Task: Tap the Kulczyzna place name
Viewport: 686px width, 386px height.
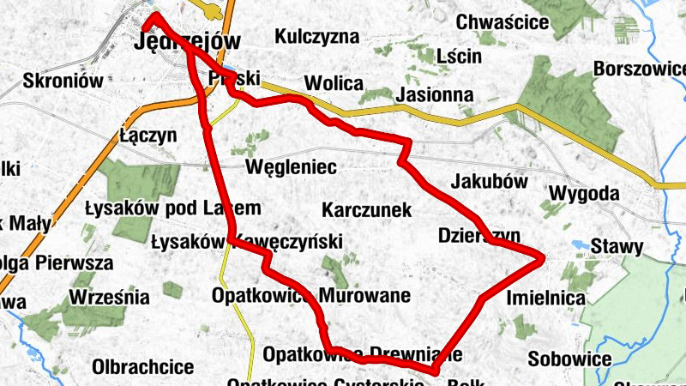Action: [316, 37]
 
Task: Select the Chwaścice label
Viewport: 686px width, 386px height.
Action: [502, 21]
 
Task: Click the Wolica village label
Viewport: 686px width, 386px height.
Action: [334, 83]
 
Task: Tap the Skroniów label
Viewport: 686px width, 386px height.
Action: [63, 81]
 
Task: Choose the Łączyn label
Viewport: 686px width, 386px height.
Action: [147, 136]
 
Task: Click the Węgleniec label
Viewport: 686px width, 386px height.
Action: [291, 166]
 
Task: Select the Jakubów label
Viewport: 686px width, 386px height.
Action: [488, 182]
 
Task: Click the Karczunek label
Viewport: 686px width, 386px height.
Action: [367, 210]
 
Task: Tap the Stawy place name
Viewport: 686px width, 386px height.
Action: [621, 247]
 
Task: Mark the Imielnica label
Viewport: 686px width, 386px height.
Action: [546, 299]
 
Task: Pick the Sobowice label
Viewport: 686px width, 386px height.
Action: [569, 359]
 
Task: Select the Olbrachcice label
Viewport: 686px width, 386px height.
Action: [143, 367]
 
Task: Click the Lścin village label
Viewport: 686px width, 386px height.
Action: [458, 57]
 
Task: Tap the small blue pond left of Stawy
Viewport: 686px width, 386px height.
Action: [581, 244]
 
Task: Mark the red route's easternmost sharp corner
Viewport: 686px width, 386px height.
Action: [545, 256]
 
